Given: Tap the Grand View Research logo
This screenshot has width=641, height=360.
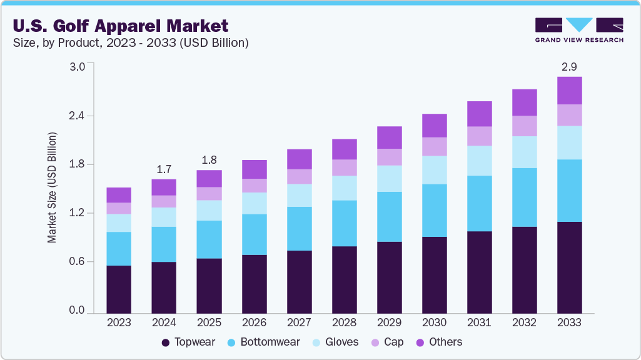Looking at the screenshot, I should pos(579,29).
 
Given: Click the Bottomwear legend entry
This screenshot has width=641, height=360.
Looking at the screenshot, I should pos(263,342).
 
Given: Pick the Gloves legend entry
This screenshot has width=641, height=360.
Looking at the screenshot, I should pos(335,342).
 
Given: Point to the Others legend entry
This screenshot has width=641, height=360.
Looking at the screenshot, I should pos(438,342).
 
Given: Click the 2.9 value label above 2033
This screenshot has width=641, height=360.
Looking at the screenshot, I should pos(569,66).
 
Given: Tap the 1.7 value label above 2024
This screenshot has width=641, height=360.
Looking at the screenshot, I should pos(164,169).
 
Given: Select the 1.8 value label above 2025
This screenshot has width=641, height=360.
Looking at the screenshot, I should pos(209,159).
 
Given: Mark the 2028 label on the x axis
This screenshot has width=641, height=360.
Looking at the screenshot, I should pos(344,322).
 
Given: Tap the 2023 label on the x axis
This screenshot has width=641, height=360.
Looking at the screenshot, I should pos(119,322).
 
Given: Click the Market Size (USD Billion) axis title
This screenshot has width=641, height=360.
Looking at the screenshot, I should pos(53,187).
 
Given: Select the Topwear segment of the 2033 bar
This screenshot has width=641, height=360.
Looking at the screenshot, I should pos(569,267).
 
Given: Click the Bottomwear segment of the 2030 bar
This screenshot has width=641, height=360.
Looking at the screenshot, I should pos(434,210).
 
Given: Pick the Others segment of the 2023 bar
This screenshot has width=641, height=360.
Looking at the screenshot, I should pos(119,194).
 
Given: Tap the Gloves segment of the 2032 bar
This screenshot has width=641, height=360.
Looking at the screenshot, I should pos(524,152).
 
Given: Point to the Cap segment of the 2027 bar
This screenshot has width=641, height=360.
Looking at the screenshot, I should pos(299,176).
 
